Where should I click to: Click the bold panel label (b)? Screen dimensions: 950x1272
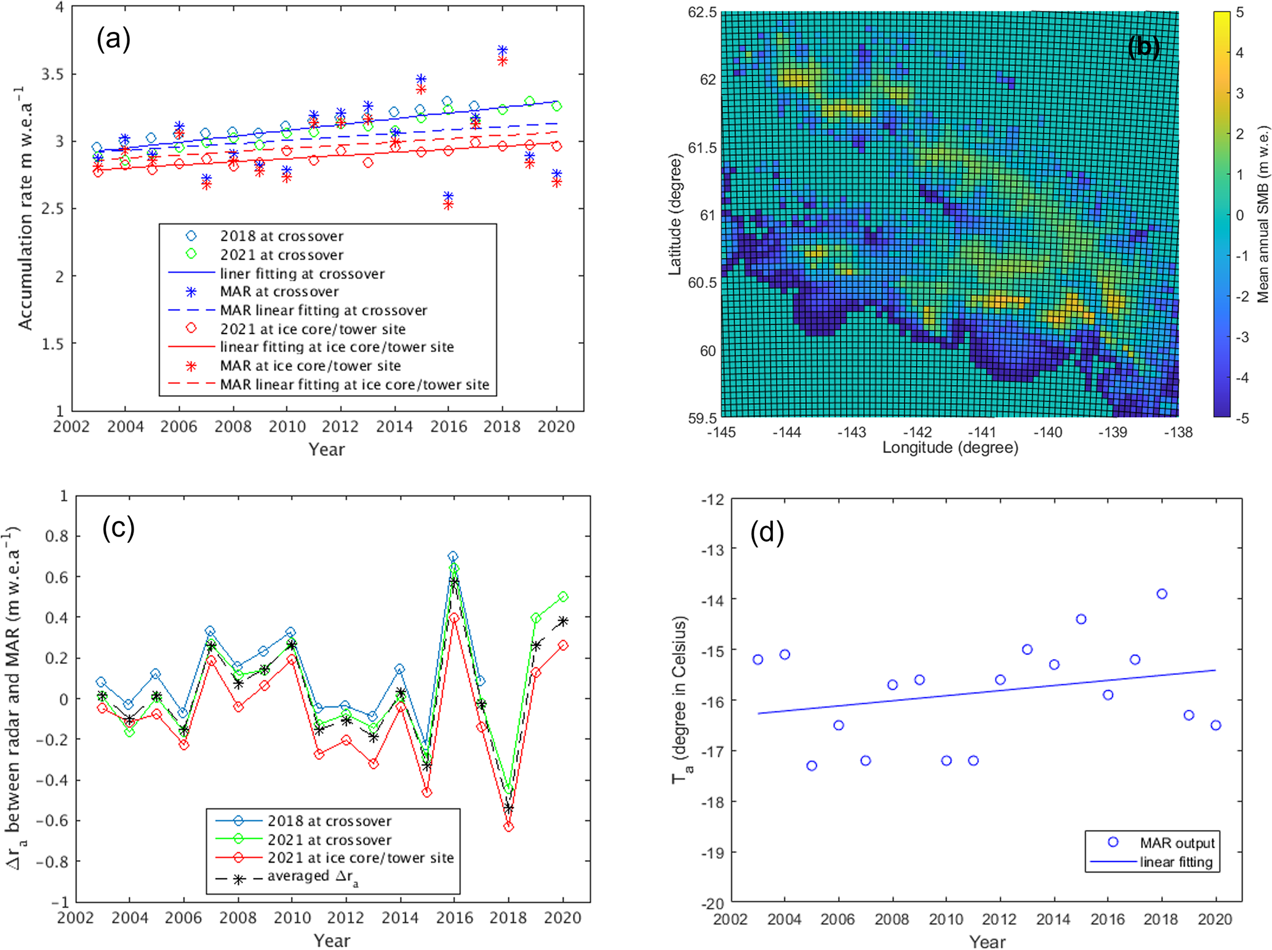[1143, 47]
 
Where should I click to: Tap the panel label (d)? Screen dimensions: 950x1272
[767, 532]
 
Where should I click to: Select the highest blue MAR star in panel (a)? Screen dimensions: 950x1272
[502, 50]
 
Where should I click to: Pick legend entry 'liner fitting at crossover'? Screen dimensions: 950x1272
[302, 274]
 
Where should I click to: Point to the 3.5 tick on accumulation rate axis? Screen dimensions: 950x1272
[52, 74]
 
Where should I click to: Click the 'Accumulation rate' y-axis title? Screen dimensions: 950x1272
[26, 209]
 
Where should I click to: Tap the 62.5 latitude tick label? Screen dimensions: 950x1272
[702, 12]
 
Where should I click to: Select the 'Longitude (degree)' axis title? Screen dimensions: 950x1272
[950, 448]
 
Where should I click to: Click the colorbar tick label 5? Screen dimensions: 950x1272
[1239, 12]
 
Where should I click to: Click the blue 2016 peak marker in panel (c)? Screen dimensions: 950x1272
[453, 557]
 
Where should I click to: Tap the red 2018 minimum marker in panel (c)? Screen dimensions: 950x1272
[508, 827]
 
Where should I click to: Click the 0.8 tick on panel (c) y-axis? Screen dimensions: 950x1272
[57, 537]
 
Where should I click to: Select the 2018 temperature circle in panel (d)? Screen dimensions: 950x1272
[1162, 594]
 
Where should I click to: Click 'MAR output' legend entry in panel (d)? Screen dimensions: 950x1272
[1177, 843]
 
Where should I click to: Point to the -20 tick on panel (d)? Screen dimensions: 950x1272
[714, 903]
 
